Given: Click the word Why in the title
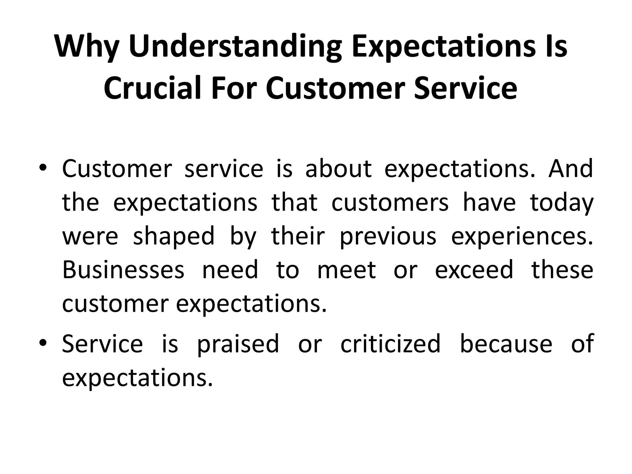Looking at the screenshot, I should (x=87, y=46).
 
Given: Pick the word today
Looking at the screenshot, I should (x=562, y=203).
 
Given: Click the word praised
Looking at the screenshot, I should (x=238, y=344).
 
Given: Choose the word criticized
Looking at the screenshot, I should (x=390, y=344).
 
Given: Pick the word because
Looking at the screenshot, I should (x=506, y=344).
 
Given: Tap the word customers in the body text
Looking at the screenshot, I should (x=390, y=203).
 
